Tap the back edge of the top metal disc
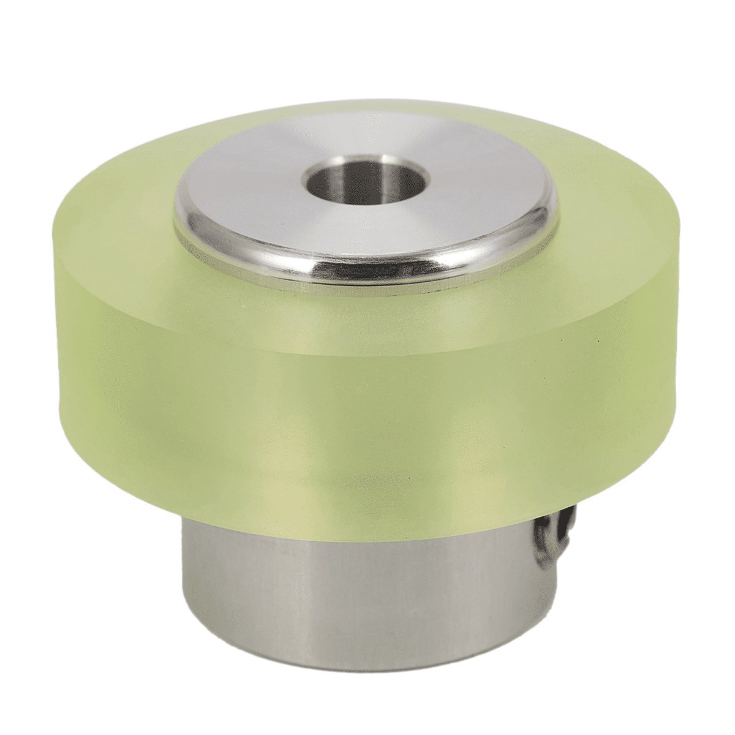[367, 116]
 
